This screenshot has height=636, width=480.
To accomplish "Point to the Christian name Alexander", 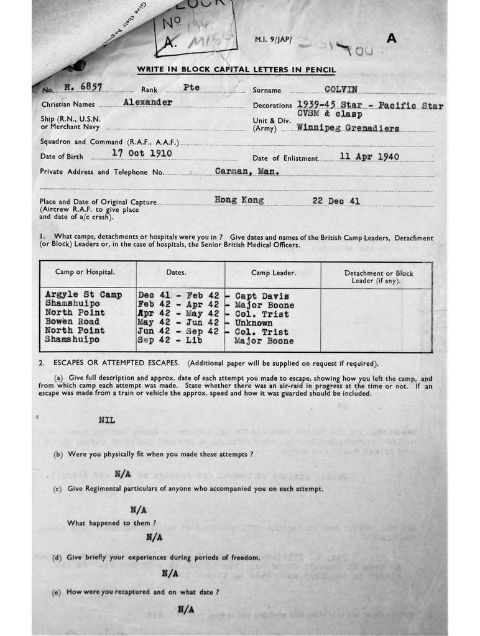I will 147,102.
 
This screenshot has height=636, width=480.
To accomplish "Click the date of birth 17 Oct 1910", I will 142,153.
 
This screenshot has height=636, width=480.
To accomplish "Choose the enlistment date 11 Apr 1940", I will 369,157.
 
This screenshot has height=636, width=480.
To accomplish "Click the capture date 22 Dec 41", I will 336,201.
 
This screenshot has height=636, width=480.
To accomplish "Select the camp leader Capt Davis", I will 261,296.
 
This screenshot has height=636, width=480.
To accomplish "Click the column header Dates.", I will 176,272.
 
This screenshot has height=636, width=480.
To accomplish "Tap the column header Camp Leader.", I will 273,273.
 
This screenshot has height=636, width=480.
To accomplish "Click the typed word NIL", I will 106,420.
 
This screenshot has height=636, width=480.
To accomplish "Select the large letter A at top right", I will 391,38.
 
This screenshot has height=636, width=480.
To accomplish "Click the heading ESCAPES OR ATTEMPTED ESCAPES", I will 117,363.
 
